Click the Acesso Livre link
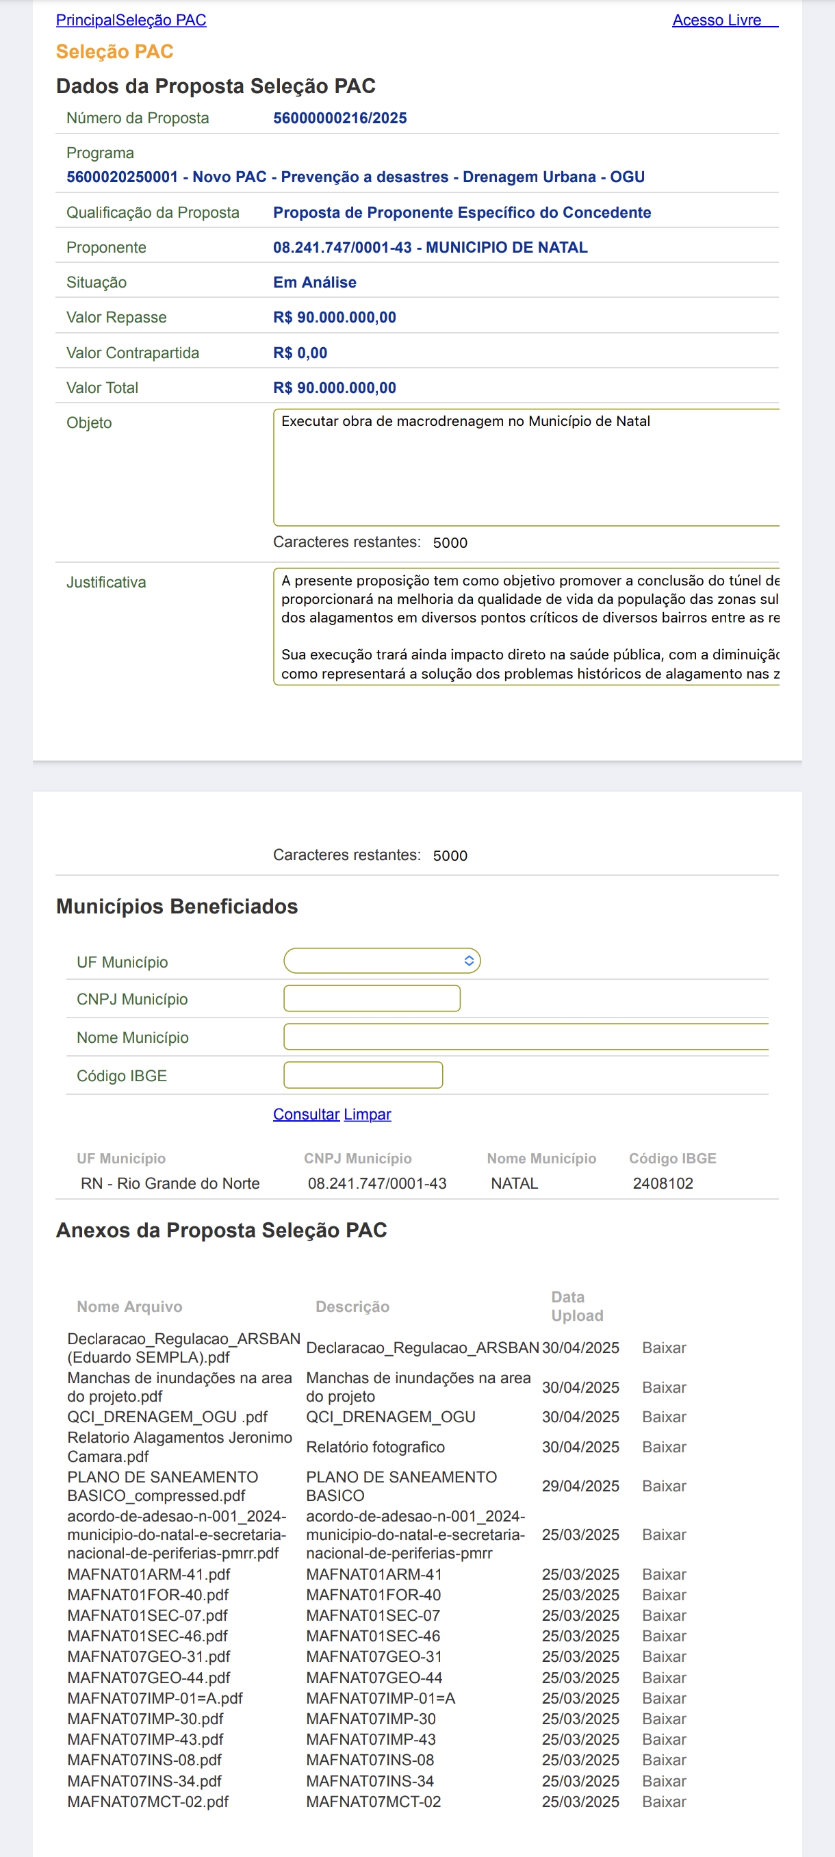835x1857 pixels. tap(716, 20)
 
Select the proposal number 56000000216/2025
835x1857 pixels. tap(339, 118)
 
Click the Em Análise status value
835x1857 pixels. tap(314, 283)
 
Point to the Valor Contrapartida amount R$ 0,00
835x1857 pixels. tap(300, 353)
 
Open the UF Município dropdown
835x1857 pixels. tap(382, 961)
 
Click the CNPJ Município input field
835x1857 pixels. tap(372, 999)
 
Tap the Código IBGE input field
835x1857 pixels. tap(363, 1076)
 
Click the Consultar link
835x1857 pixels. tap(306, 1115)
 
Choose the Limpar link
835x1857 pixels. tap(368, 1115)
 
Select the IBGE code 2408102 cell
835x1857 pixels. tap(663, 1184)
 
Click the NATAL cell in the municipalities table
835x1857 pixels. tap(515, 1184)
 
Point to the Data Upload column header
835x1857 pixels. tap(576, 1306)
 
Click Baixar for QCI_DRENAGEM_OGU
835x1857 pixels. tap(663, 1417)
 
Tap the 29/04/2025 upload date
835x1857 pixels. tap(580, 1487)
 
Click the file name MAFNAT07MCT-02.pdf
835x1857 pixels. tap(148, 1802)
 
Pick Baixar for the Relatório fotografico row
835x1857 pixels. tap(663, 1448)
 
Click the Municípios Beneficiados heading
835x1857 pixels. tap(177, 907)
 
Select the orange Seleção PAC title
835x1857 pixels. tap(114, 52)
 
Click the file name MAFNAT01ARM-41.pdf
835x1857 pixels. tap(149, 1574)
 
